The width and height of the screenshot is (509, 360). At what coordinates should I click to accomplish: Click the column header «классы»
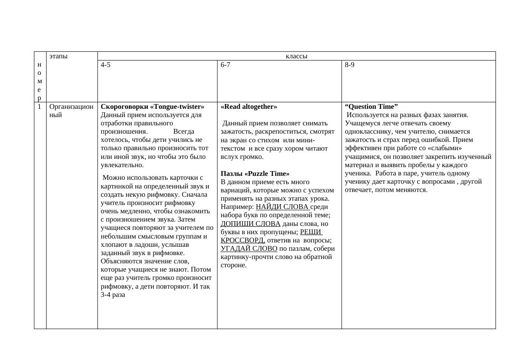(x=296, y=56)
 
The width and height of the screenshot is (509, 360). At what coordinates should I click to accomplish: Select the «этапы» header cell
(x=58, y=56)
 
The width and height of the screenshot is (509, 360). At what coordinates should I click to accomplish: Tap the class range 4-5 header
(x=106, y=65)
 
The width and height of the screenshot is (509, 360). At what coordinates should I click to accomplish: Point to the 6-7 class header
(x=225, y=65)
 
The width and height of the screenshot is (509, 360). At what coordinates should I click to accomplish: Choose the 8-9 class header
(x=350, y=65)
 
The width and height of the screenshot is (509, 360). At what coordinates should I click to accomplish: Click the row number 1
(x=39, y=107)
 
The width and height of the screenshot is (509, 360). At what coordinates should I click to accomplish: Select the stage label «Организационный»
(x=71, y=111)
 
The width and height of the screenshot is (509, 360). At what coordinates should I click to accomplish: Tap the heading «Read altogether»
(x=249, y=107)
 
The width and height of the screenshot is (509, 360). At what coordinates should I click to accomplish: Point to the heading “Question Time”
(x=372, y=107)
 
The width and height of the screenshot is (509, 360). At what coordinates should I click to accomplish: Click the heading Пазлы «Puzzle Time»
(x=255, y=173)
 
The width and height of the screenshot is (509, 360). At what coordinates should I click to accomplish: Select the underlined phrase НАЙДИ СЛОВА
(x=282, y=207)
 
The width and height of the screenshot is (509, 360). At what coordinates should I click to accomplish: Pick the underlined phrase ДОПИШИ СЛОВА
(x=251, y=224)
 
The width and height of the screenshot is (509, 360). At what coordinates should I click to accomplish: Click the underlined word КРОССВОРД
(x=243, y=240)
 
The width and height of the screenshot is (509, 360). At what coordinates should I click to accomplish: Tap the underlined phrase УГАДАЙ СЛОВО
(x=249, y=249)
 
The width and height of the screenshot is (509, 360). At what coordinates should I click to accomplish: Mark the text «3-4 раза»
(x=113, y=295)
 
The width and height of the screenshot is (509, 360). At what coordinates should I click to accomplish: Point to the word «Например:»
(x=237, y=207)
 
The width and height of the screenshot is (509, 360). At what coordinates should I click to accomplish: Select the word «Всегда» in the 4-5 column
(x=184, y=131)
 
